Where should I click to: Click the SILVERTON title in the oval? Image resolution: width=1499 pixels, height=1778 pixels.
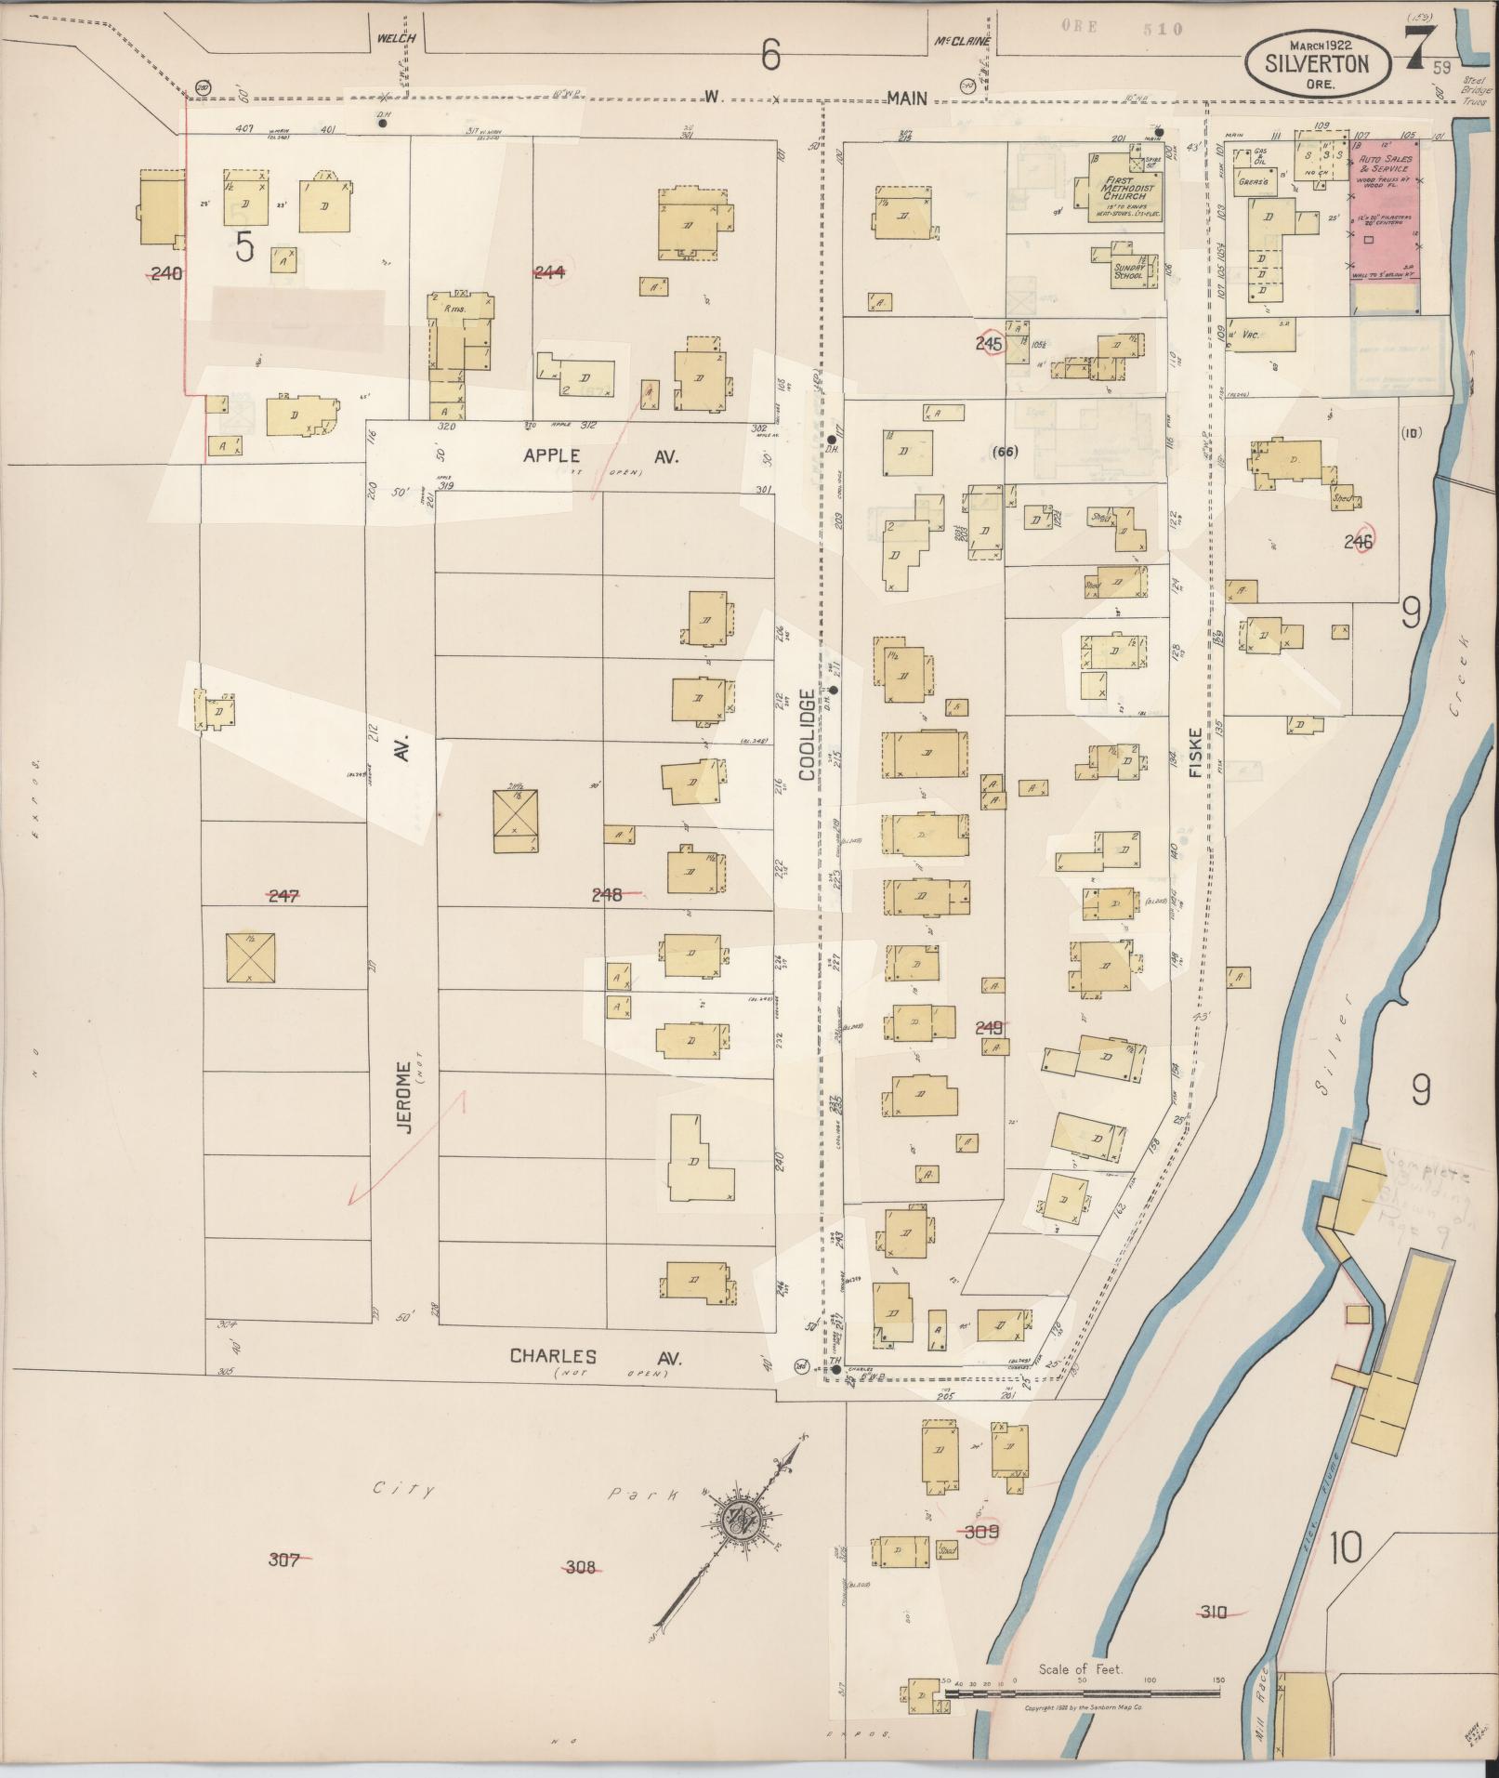point(1318,63)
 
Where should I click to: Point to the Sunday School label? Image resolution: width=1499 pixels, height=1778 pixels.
point(1128,270)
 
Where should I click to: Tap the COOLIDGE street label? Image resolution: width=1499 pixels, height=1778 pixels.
point(806,734)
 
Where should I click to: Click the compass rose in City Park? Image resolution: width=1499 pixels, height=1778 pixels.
point(743,1519)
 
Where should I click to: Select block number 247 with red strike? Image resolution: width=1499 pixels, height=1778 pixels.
point(283,895)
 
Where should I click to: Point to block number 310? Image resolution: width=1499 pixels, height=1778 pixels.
point(1213,1612)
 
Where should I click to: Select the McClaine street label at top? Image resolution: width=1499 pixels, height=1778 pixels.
point(962,39)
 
